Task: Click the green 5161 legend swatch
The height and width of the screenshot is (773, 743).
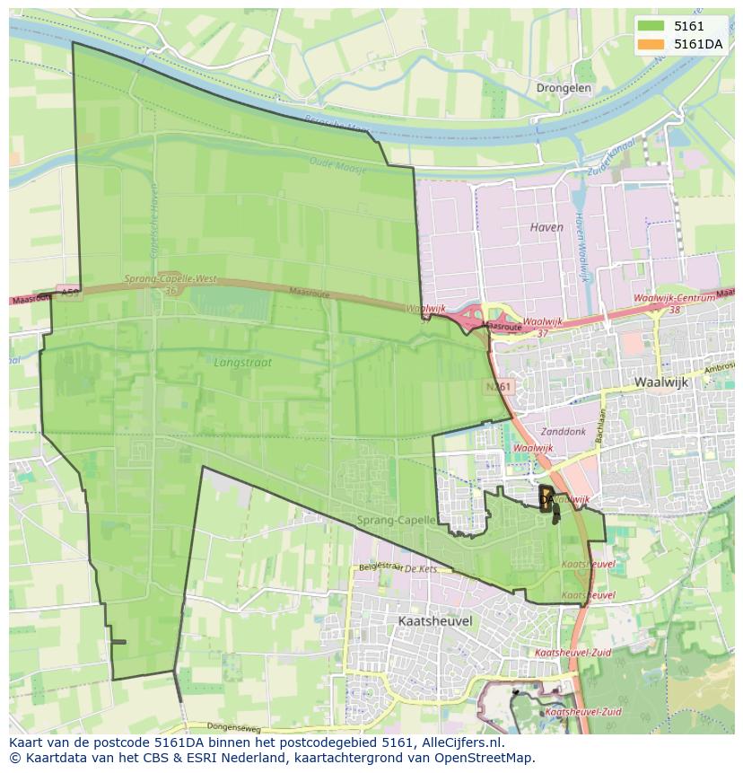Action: click(x=652, y=27)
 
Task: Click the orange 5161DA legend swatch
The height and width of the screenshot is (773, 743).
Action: click(x=652, y=44)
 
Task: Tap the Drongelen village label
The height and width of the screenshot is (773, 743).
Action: click(x=564, y=88)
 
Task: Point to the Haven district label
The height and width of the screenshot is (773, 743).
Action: click(x=546, y=227)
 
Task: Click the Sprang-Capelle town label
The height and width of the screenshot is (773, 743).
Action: click(x=396, y=520)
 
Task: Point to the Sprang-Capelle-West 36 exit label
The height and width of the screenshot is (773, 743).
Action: click(x=170, y=284)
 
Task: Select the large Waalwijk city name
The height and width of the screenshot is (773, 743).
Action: click(x=660, y=382)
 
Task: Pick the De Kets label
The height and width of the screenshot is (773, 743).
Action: click(x=419, y=569)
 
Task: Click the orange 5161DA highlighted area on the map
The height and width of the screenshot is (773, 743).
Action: click(x=545, y=500)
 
